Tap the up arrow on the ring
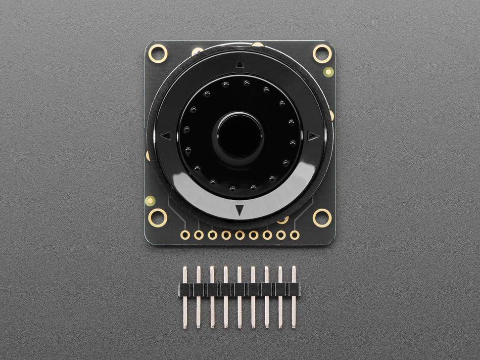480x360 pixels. (x=240, y=62)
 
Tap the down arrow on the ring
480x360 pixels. (x=240, y=210)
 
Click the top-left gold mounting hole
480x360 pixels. (x=158, y=52)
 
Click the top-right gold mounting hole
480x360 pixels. (x=322, y=53)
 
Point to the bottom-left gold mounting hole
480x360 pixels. (x=158, y=217)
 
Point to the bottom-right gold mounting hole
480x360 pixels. (x=322, y=217)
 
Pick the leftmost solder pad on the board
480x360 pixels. (x=185, y=235)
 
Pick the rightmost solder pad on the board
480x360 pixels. (x=295, y=235)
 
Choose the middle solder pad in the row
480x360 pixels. (x=240, y=235)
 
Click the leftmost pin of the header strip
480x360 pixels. (x=185, y=297)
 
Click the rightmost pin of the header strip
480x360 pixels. (x=293, y=297)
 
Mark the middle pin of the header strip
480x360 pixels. (x=240, y=297)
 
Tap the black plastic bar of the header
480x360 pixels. (x=240, y=290)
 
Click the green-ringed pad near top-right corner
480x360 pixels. (x=328, y=72)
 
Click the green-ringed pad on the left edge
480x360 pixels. (x=150, y=201)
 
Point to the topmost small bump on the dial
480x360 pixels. (x=246, y=83)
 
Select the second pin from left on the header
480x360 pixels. (x=198, y=297)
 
